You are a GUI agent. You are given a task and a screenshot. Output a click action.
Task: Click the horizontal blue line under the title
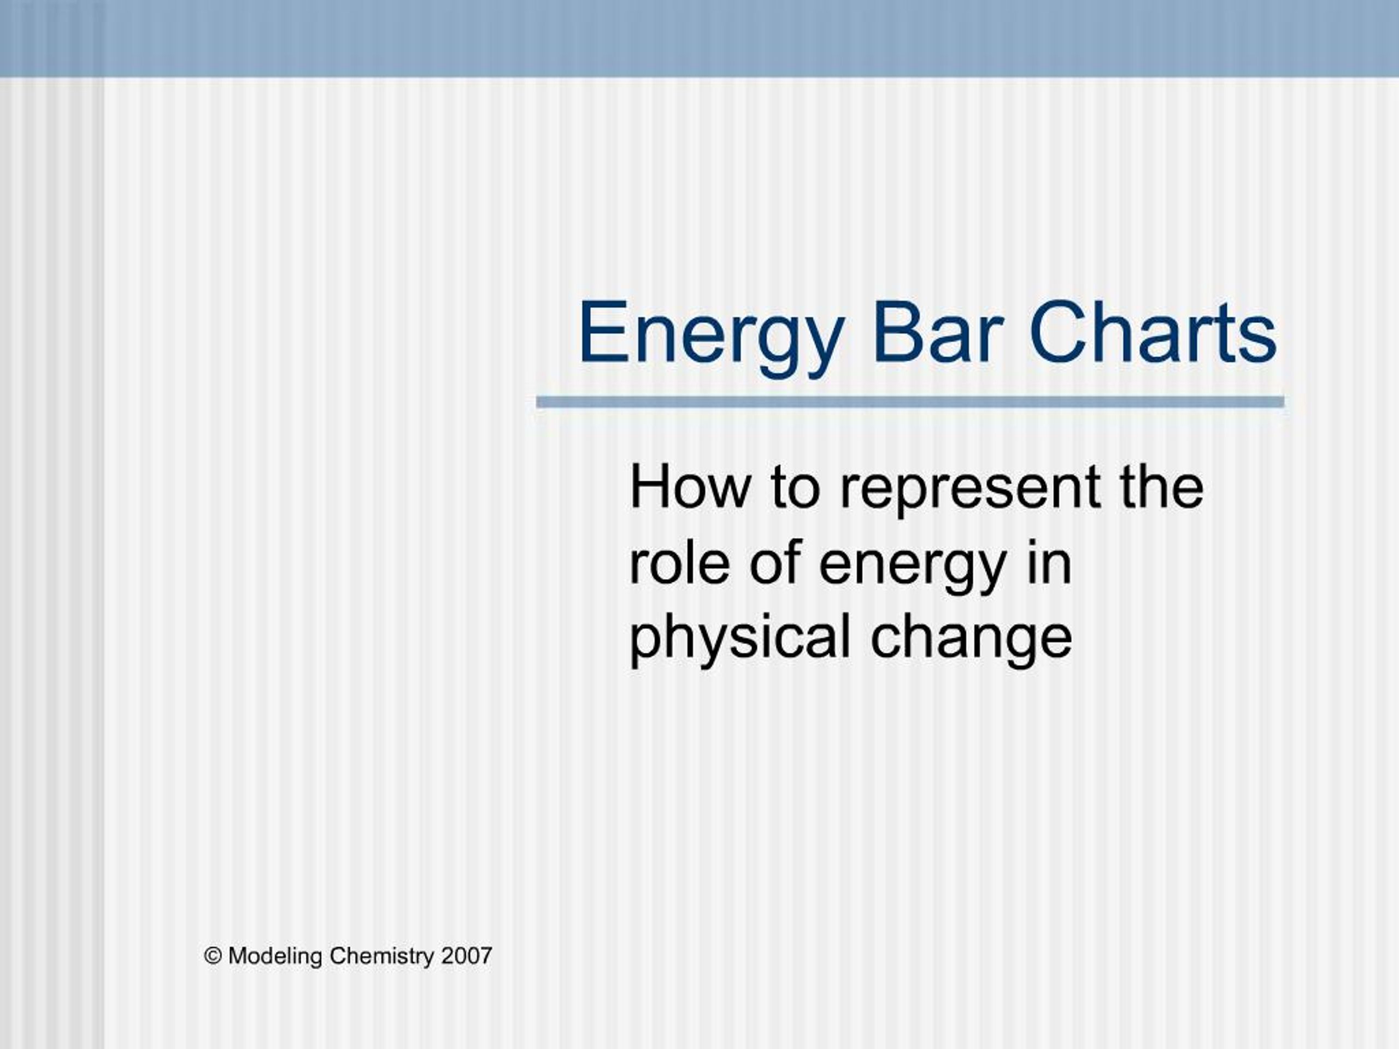[910, 402]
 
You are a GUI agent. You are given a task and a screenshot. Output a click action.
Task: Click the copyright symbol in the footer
[213, 956]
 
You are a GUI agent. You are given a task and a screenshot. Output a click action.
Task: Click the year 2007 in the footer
[467, 956]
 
